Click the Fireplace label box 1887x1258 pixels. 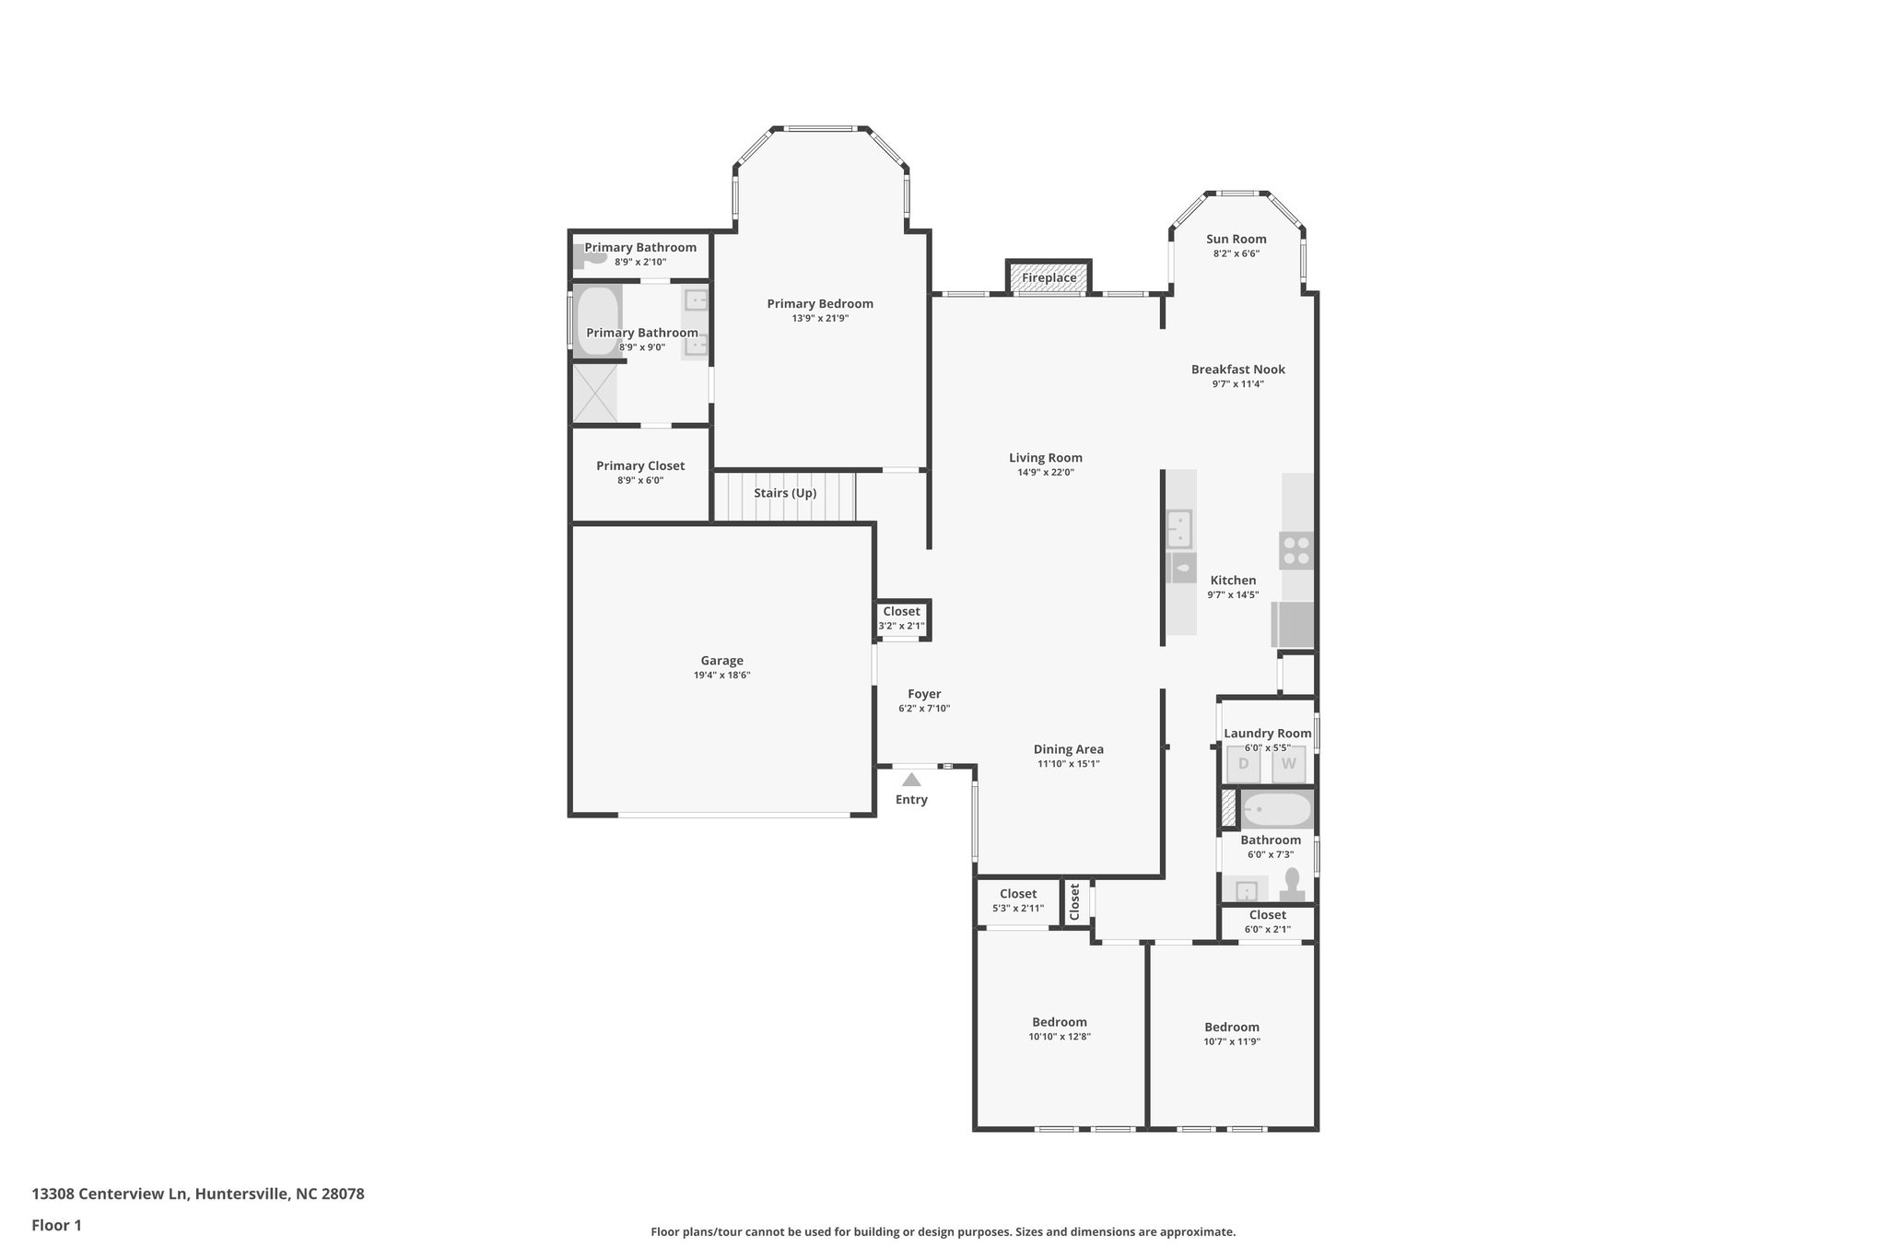[1049, 277]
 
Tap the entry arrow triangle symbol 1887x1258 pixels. [911, 780]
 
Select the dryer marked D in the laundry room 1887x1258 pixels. [1243, 764]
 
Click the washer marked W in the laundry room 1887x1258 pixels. [1288, 764]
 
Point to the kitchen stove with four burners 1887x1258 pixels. [1296, 550]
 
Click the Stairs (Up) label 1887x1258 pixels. [785, 493]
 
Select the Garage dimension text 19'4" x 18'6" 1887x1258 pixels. [722, 676]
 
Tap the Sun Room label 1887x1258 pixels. [1237, 240]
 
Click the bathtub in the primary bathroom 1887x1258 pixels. [597, 321]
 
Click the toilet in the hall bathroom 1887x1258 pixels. [1293, 883]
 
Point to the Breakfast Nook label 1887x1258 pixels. [1237, 370]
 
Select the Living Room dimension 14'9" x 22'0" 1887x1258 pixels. [1045, 473]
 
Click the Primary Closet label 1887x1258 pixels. [640, 466]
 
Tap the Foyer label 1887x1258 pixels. [924, 695]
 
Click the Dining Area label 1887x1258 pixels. [1068, 750]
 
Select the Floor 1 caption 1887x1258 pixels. [57, 1226]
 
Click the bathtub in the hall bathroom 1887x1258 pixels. [1276, 810]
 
